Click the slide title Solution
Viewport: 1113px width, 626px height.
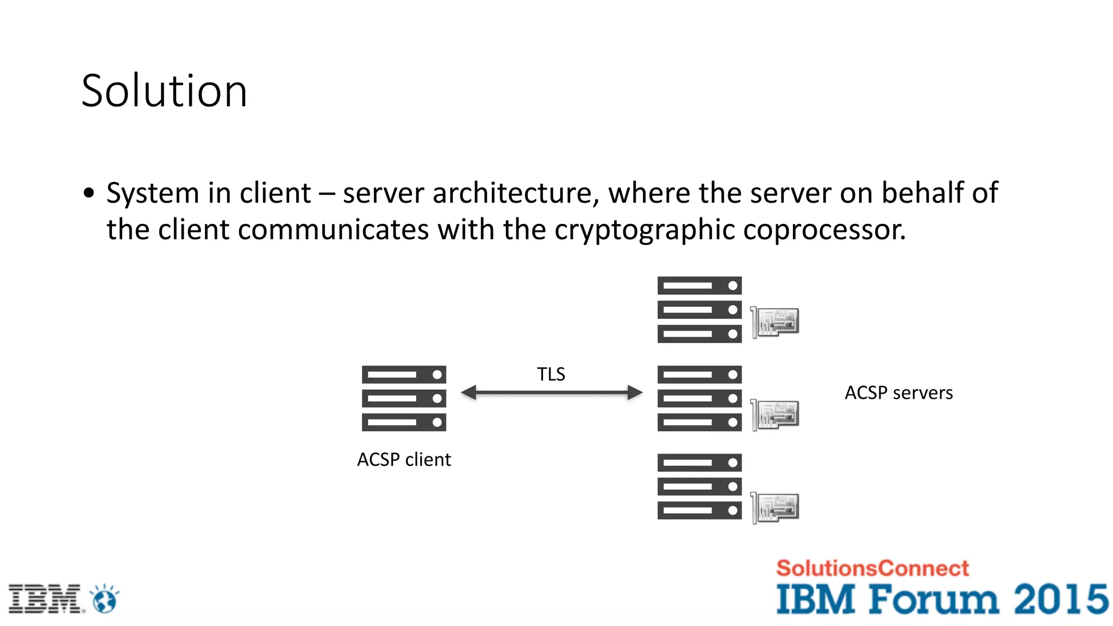(164, 91)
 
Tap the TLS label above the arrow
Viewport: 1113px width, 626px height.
(551, 374)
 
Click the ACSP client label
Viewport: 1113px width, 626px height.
(404, 460)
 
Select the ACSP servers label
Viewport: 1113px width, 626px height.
(898, 393)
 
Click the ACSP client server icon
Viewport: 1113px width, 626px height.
(404, 398)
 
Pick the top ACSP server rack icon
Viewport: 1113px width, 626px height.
(699, 310)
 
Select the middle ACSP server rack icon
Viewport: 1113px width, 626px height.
(699, 398)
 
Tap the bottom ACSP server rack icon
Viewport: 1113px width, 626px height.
(699, 487)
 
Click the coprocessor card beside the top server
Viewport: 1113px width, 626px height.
(776, 322)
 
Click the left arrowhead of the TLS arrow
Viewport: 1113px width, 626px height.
(469, 392)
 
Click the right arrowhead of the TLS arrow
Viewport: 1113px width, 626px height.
(634, 392)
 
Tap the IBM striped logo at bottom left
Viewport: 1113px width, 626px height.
(45, 599)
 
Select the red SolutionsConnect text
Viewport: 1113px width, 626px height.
(872, 568)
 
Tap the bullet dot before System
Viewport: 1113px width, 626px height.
(89, 193)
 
